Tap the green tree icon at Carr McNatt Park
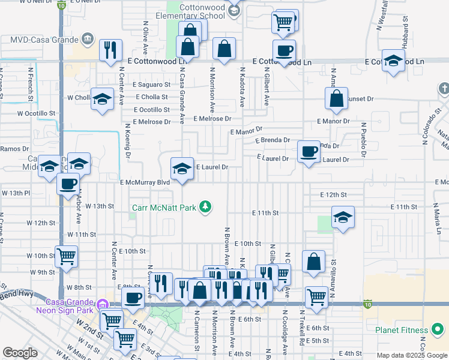pyautogui.click(x=206, y=207)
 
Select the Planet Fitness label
pyautogui.click(x=402, y=330)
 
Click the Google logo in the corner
pyautogui.click(x=20, y=353)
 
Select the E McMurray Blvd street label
pyautogui.click(x=145, y=182)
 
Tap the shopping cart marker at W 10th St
pyautogui.click(x=66, y=256)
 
